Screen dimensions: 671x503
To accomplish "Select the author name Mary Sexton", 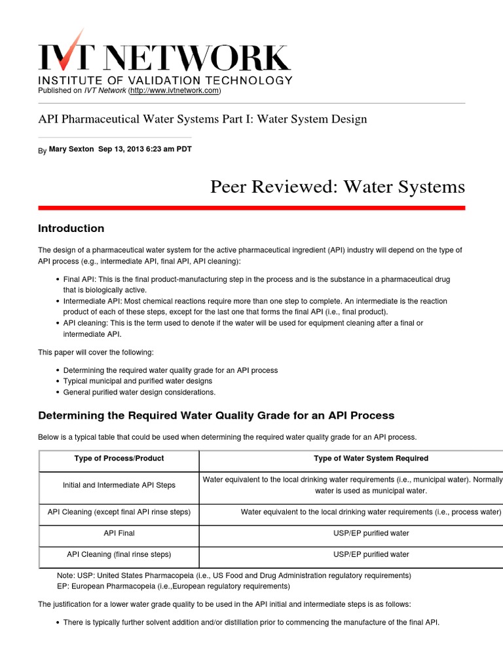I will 71,149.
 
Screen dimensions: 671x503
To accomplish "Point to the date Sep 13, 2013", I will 124,149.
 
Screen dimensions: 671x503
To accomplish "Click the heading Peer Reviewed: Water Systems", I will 337,187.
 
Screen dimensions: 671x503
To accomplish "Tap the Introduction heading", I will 71,229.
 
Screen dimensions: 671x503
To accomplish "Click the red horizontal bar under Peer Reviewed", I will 251,208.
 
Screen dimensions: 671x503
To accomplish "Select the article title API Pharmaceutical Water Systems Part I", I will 202,119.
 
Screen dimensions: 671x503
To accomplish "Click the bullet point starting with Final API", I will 256,280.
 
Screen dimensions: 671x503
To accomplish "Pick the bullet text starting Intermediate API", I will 255,301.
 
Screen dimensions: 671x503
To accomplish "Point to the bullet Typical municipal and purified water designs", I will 138,381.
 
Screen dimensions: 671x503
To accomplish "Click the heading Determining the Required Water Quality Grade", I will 216,415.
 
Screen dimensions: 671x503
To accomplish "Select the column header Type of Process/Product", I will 119,458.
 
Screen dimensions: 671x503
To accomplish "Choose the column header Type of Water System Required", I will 371,458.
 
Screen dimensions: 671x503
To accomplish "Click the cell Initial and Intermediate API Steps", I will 119,486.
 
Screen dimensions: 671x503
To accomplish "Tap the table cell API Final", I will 119,533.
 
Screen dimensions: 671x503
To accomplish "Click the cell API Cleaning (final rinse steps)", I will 119,554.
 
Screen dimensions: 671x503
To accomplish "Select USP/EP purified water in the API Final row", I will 371,533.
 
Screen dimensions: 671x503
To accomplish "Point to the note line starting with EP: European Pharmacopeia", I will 174,586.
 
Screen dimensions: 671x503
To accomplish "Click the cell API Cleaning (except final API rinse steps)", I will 119,512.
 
